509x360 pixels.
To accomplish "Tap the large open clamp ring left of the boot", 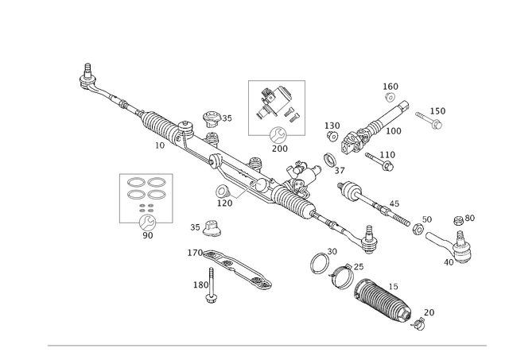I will (x=320, y=261).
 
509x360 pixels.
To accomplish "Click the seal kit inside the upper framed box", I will (x=275, y=103).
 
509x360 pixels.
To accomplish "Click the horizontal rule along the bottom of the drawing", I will (x=266, y=345).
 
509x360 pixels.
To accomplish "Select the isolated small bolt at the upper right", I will (x=429, y=117).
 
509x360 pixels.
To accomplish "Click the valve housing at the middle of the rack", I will (x=294, y=187).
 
